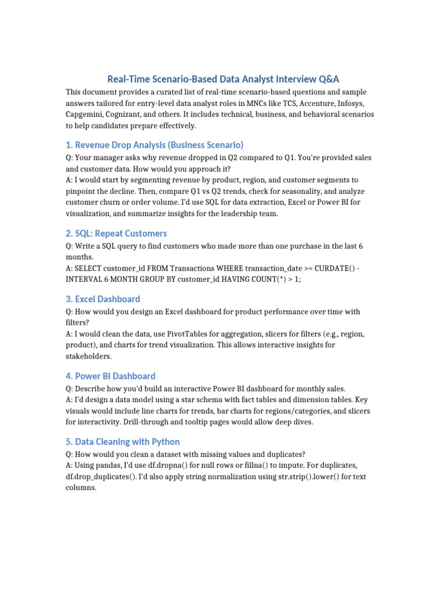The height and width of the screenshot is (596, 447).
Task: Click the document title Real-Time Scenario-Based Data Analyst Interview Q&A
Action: click(223, 79)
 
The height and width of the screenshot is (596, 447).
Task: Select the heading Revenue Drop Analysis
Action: click(154, 145)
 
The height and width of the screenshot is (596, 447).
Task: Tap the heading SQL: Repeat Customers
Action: click(116, 233)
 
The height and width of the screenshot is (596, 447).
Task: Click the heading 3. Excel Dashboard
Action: click(103, 299)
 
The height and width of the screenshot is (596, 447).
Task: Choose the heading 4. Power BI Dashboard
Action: click(111, 376)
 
